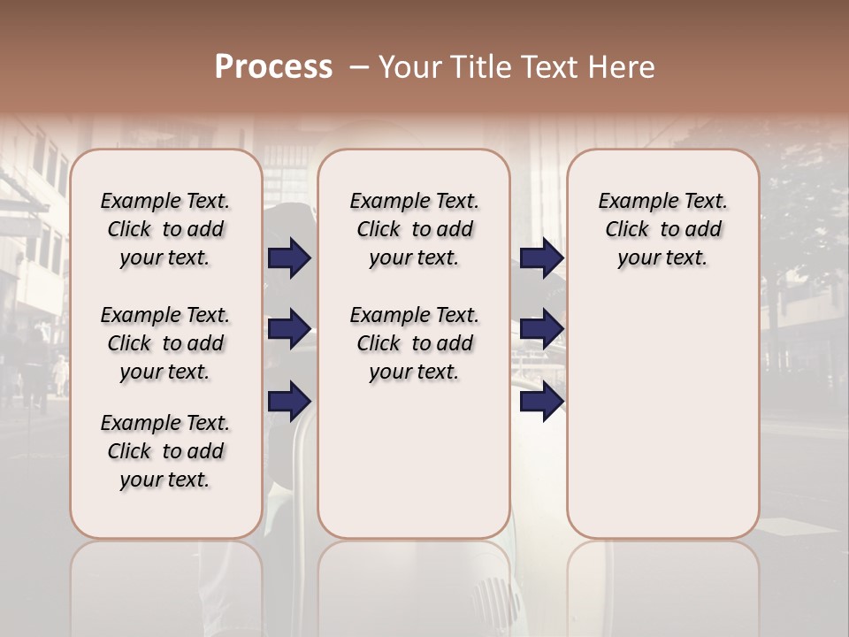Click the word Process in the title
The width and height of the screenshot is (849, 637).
[x=273, y=67]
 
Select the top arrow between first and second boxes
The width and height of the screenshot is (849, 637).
[x=290, y=258]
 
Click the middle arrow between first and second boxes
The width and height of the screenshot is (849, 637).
[x=290, y=329]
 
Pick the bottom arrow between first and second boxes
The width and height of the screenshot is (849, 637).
[x=290, y=401]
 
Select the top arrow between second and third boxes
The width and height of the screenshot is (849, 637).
[x=541, y=258]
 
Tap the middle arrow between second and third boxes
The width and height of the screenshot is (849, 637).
[x=541, y=329]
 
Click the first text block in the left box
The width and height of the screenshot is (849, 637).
[x=165, y=229]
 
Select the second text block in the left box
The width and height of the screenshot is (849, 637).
[x=165, y=343]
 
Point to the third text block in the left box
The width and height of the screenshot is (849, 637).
[x=165, y=451]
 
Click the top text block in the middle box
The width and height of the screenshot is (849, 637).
[x=414, y=229]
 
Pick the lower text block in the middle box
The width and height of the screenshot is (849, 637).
[x=414, y=343]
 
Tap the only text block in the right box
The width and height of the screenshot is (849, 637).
[x=662, y=229]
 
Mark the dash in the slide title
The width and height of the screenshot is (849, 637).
[x=358, y=68]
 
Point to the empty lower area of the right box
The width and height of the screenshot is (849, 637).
[x=662, y=416]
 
